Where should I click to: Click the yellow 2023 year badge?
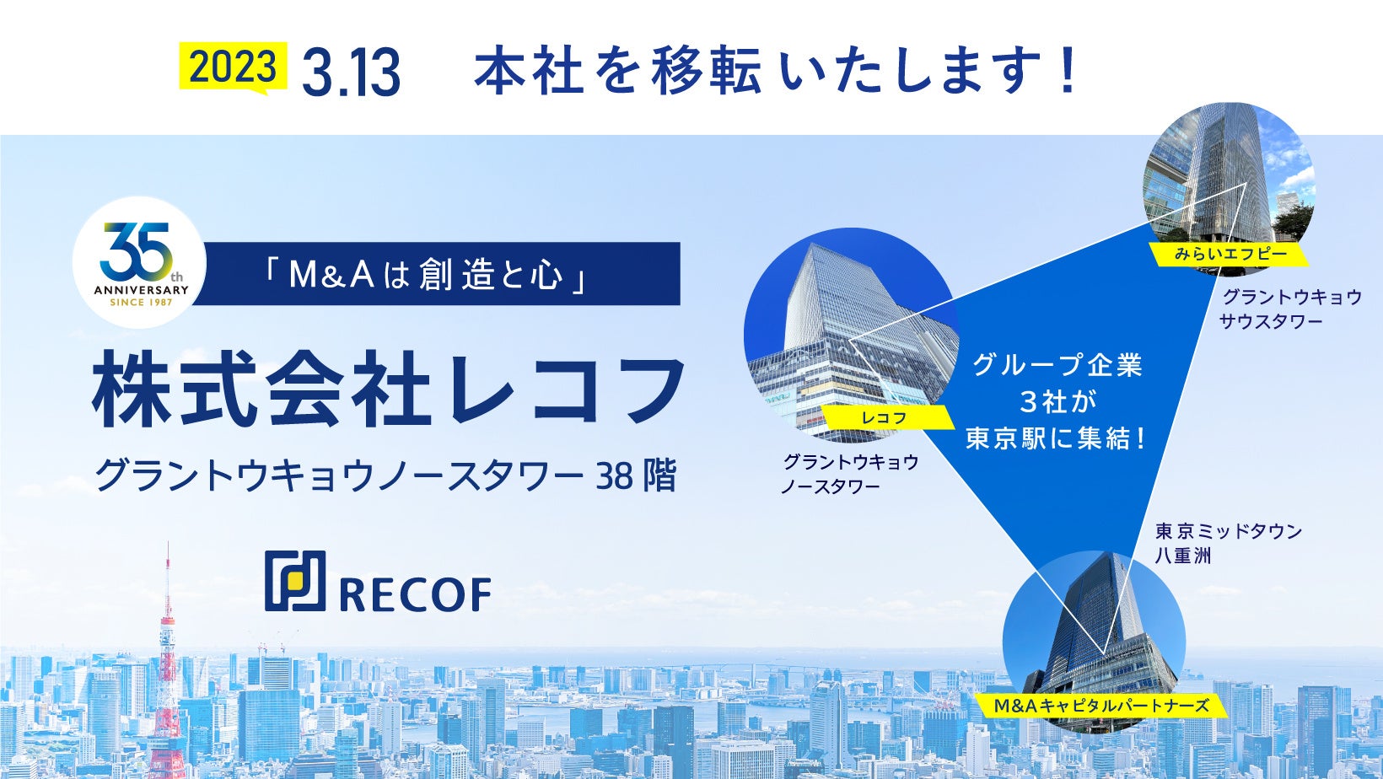pos(234,67)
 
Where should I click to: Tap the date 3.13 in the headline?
pos(352,73)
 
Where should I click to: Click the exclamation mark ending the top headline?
pos(1067,70)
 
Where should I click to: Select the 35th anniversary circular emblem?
pos(140,262)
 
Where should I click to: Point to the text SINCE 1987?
pos(141,303)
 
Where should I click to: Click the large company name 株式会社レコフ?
pos(389,389)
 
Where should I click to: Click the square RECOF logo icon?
pos(295,581)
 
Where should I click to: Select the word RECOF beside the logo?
pos(415,594)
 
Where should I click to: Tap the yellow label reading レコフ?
pos(884,418)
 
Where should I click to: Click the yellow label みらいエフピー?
pos(1230,254)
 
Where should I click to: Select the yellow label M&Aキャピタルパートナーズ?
pos(1101,706)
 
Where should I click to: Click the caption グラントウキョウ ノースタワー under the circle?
pos(850,474)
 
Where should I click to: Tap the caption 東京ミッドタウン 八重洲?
pos(1229,543)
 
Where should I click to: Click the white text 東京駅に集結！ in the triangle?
pos(1057,439)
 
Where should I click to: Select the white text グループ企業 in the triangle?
pos(1057,365)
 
